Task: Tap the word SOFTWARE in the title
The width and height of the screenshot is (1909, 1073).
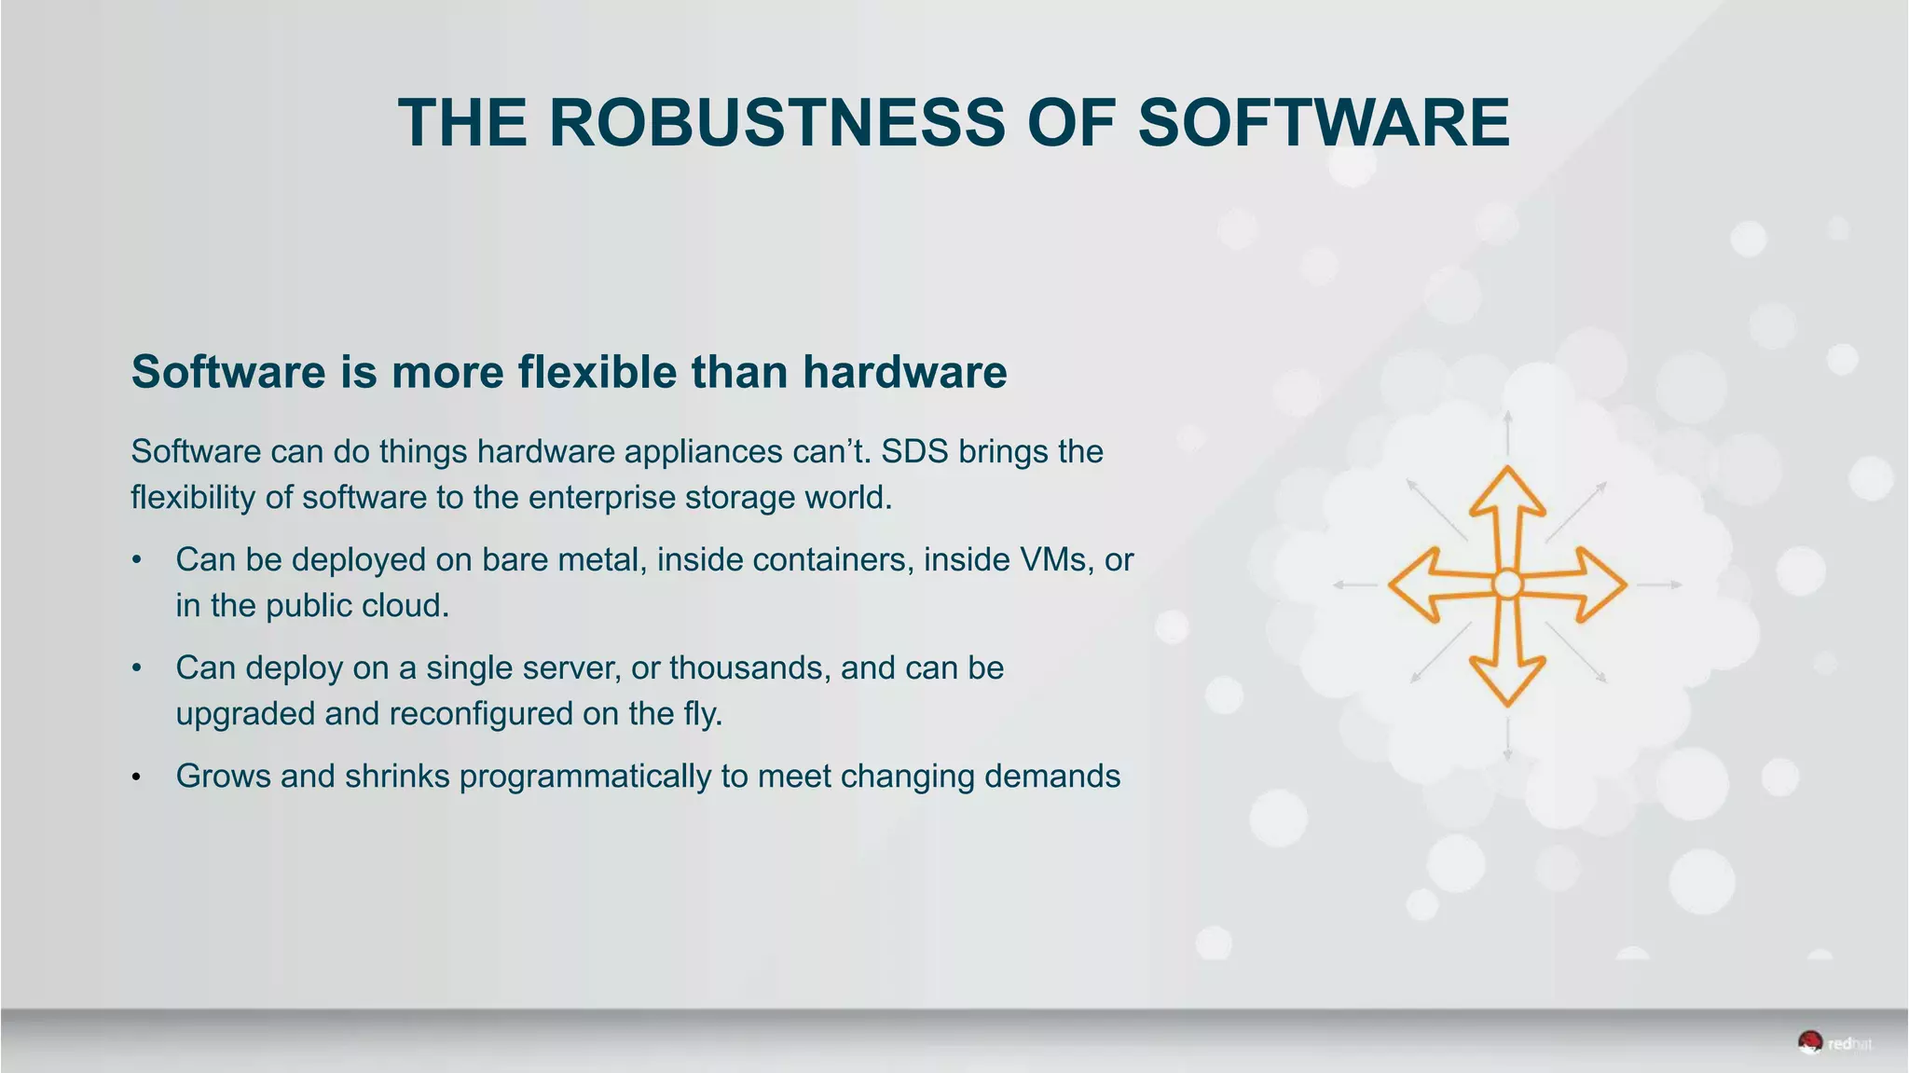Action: [1324, 123]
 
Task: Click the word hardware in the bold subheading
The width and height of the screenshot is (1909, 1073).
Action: [904, 372]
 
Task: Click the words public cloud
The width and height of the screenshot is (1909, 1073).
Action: [357, 606]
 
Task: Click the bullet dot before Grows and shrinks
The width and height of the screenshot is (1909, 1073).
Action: [136, 777]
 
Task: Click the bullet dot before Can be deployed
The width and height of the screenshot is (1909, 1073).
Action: [136, 560]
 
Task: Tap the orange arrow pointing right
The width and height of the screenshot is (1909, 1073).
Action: [1594, 585]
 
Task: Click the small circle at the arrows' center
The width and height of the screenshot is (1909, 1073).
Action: [1507, 585]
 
